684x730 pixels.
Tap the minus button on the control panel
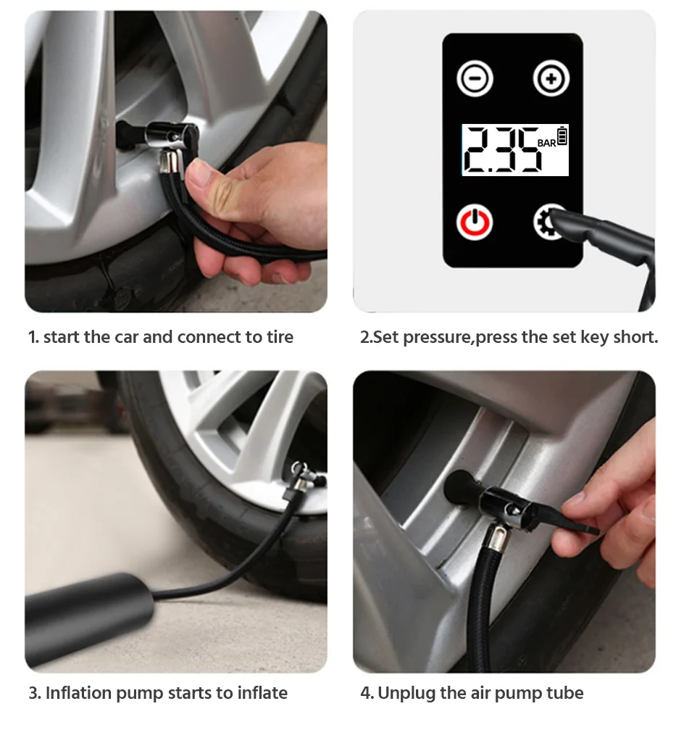(475, 78)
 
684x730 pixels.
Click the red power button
(474, 223)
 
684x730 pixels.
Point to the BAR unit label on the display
(546, 143)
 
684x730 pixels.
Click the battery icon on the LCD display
(562, 136)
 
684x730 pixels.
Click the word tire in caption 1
(280, 337)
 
